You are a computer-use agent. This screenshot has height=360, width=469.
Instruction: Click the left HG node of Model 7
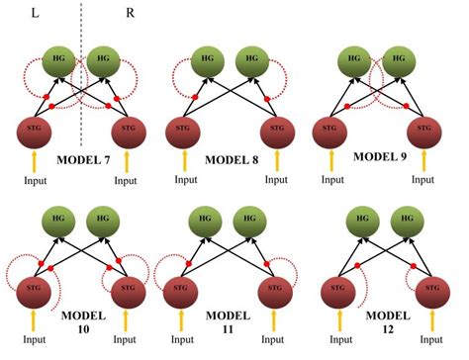61,61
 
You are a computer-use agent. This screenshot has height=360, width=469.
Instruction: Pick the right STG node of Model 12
431,292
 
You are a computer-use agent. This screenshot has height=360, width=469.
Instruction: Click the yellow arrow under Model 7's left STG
38,163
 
